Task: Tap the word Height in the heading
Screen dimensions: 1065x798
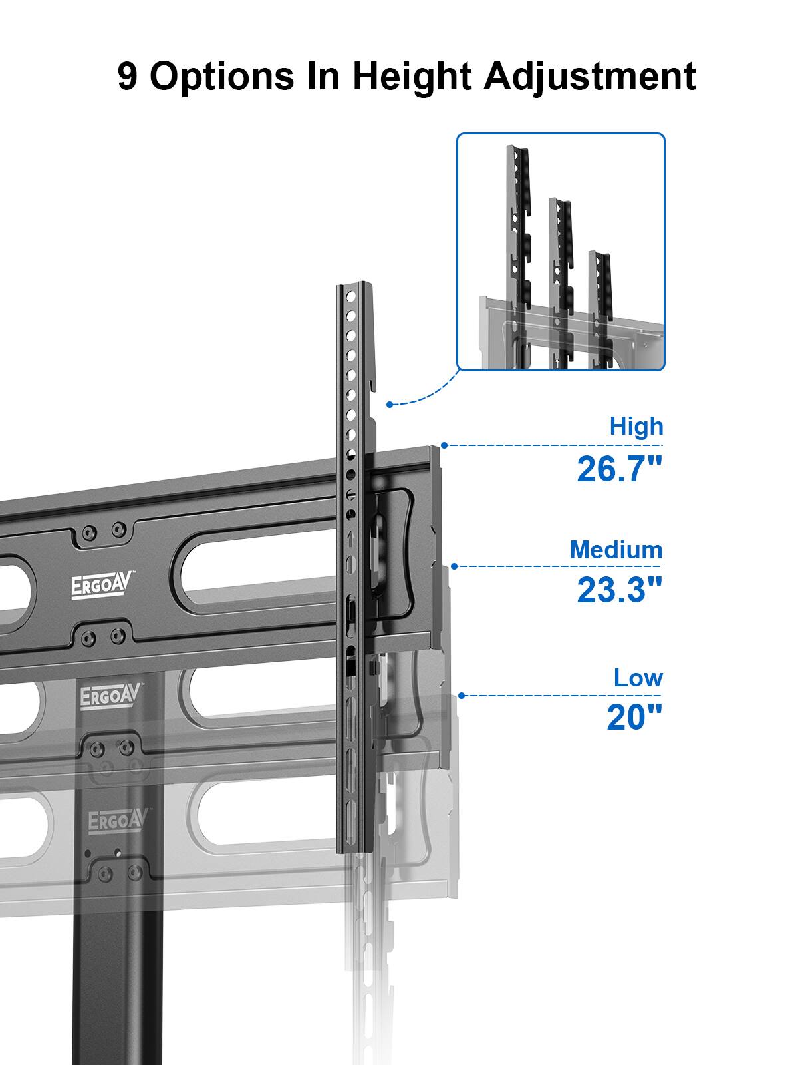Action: tap(411, 77)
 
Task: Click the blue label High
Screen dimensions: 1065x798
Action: tap(636, 426)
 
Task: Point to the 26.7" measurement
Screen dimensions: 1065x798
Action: tap(619, 469)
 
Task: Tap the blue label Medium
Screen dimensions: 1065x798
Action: tap(616, 550)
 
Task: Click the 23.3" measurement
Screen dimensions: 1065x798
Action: tap(619, 590)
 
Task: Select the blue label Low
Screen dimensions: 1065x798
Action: tap(638, 678)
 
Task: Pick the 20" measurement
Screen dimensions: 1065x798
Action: tap(634, 717)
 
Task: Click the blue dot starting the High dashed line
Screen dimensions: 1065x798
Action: tap(444, 445)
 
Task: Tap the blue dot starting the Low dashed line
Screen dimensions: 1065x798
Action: tap(462, 696)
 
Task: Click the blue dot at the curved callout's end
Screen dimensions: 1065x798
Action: tap(389, 404)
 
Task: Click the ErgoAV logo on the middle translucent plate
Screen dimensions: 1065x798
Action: tap(111, 696)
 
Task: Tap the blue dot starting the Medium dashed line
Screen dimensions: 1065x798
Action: tap(454, 566)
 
